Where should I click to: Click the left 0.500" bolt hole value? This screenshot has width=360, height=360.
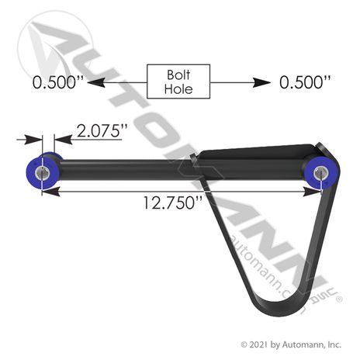coord(58,82)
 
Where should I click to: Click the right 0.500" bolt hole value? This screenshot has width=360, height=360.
coord(305,82)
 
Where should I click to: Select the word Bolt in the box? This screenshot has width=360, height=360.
coord(178,74)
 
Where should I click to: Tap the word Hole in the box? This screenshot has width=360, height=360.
coord(178,88)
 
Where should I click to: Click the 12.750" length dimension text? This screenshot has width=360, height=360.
coord(172,202)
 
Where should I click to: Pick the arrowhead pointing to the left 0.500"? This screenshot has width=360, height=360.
coord(96,83)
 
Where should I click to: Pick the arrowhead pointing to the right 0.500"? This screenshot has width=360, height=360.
coord(261,83)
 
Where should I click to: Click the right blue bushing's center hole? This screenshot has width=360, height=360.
coord(320,173)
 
